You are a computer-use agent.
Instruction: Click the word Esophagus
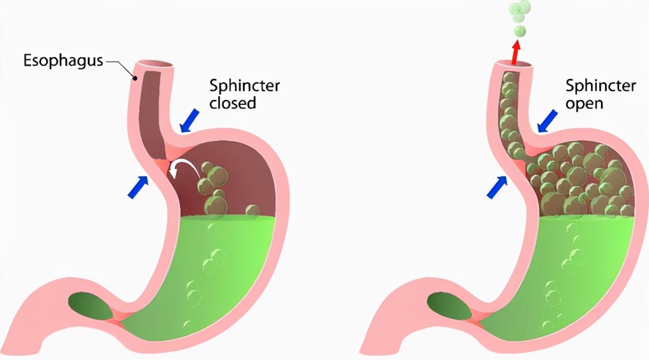pos(63,61)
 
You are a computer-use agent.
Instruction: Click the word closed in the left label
pos(233,103)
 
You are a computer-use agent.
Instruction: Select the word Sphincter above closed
pos(244,85)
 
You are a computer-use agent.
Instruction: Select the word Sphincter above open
pos(600,85)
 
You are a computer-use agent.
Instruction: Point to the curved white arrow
pos(184,169)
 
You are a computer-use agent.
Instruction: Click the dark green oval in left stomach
pos(92,306)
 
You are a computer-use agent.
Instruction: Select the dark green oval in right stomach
pos(450,306)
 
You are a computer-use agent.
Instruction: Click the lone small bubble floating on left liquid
pos(251,210)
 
